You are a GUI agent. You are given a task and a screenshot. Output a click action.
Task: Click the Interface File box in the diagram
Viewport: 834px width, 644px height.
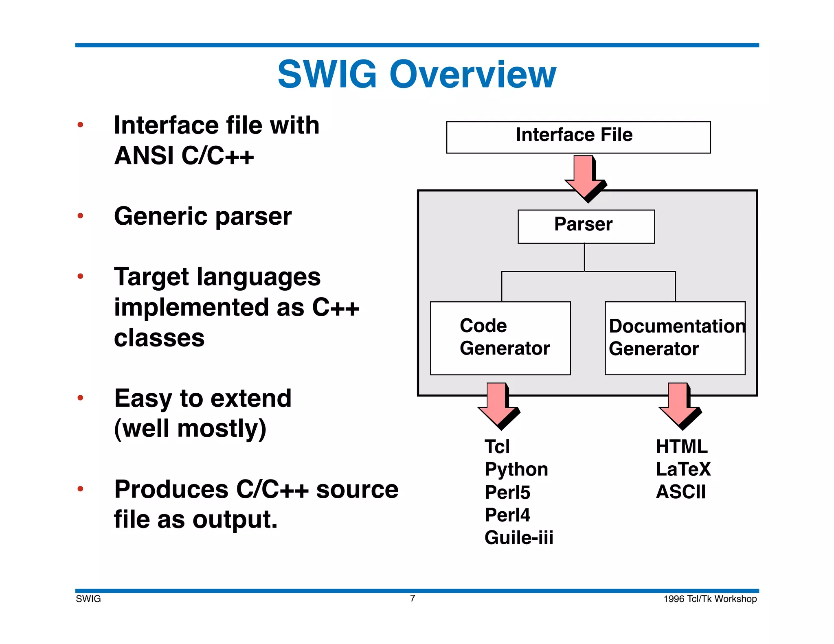(x=578, y=137)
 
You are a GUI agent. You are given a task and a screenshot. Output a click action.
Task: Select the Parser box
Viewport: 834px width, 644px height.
(x=586, y=226)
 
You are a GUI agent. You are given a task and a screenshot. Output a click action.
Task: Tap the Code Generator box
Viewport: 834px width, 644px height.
(x=500, y=338)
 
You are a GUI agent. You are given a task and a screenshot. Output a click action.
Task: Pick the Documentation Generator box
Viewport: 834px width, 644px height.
(x=675, y=338)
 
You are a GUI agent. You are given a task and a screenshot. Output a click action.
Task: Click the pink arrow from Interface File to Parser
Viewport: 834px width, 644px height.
(x=584, y=177)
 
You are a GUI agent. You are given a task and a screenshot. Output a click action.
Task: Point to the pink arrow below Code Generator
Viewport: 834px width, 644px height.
(x=497, y=405)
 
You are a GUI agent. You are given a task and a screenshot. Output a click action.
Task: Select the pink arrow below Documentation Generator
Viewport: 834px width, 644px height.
(x=678, y=405)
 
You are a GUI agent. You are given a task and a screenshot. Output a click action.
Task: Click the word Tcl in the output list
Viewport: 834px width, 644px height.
(x=497, y=447)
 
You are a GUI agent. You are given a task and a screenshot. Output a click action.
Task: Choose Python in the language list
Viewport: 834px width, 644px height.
(x=516, y=470)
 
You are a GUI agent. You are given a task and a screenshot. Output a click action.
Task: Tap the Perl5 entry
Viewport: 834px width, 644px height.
(x=507, y=493)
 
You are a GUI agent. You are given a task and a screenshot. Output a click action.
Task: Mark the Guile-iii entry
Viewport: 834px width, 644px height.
(x=518, y=538)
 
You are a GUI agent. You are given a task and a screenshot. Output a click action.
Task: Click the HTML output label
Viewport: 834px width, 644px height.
(x=681, y=447)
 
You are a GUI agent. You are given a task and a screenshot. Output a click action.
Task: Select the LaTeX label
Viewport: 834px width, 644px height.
(x=683, y=469)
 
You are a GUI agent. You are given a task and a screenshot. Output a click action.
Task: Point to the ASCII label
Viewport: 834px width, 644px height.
(x=680, y=492)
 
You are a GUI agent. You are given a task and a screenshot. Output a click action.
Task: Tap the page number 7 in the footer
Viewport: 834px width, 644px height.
(x=413, y=598)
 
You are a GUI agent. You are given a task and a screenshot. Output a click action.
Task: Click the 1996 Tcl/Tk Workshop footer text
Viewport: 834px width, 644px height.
(x=710, y=599)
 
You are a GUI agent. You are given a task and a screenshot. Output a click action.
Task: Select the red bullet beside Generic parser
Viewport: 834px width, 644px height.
(x=80, y=216)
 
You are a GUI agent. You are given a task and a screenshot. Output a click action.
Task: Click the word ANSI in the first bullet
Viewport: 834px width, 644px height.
(x=144, y=156)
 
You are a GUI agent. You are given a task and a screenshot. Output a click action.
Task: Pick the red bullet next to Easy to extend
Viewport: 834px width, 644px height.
(x=80, y=398)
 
